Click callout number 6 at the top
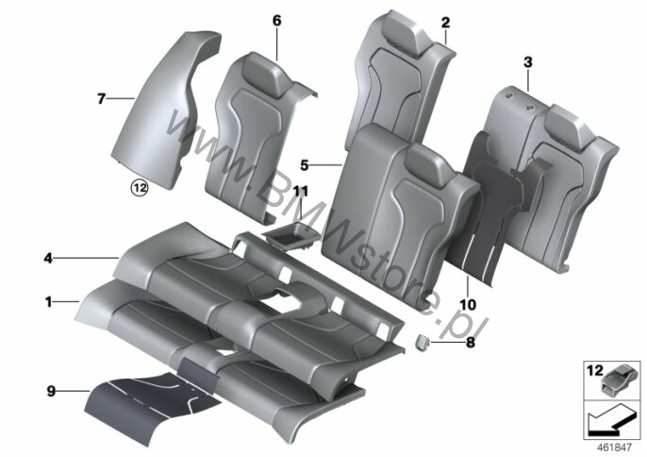[x=276, y=21]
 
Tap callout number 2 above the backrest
[x=445, y=23]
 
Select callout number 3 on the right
[x=528, y=63]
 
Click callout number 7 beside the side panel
[x=101, y=99]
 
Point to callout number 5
[x=305, y=165]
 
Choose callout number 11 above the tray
[x=301, y=192]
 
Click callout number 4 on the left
[x=48, y=259]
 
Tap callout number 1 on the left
[x=49, y=302]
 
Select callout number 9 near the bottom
[x=51, y=391]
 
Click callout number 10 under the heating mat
[x=468, y=305]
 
